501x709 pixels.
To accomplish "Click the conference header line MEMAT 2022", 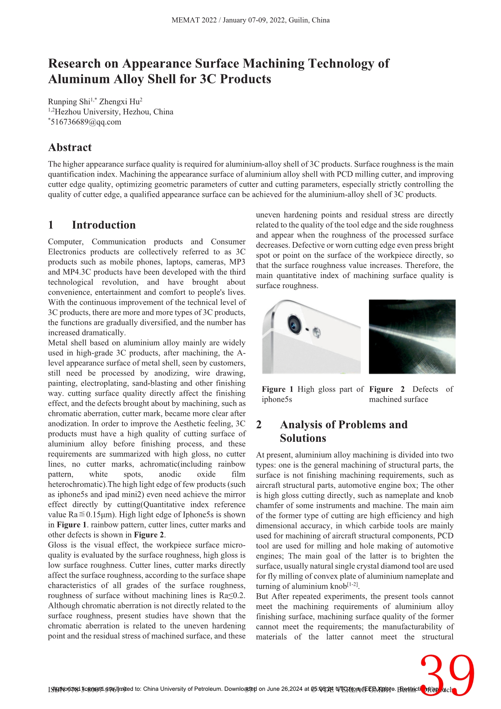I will point(250,20).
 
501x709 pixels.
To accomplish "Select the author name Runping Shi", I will point(69,102).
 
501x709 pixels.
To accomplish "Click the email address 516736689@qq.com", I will point(86,122).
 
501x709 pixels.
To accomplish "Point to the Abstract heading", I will point(70,148).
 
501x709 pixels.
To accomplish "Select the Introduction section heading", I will point(103,225).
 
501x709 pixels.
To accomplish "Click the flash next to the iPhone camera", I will point(317,332).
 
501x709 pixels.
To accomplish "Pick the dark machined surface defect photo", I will point(412,336).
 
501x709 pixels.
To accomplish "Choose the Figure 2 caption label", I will point(387,389).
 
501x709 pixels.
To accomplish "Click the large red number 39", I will point(447,676).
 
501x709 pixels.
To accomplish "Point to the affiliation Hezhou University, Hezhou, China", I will point(114,112).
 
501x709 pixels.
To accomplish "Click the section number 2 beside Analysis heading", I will point(259,425).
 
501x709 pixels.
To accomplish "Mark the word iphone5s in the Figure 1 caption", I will point(277,399).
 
